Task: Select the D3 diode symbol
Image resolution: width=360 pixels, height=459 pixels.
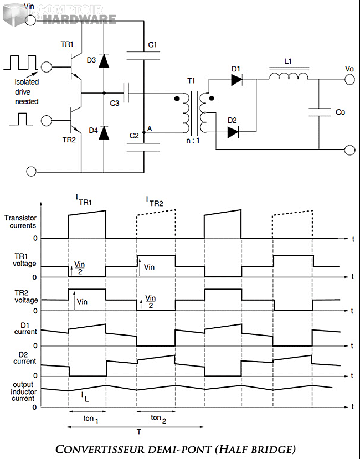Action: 104,61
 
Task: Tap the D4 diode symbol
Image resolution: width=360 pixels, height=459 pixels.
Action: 104,132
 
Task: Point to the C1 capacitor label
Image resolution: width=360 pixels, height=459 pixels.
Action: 153,44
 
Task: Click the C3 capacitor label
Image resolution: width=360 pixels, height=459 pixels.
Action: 114,103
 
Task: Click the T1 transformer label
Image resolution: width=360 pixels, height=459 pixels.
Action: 191,81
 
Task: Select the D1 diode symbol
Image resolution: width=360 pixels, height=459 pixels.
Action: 236,80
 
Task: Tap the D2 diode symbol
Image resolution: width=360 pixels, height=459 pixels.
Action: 233,132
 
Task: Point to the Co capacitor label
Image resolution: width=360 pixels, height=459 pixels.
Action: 341,112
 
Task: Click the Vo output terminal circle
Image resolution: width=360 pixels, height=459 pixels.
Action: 349,80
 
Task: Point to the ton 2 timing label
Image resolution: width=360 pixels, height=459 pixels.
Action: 158,418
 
